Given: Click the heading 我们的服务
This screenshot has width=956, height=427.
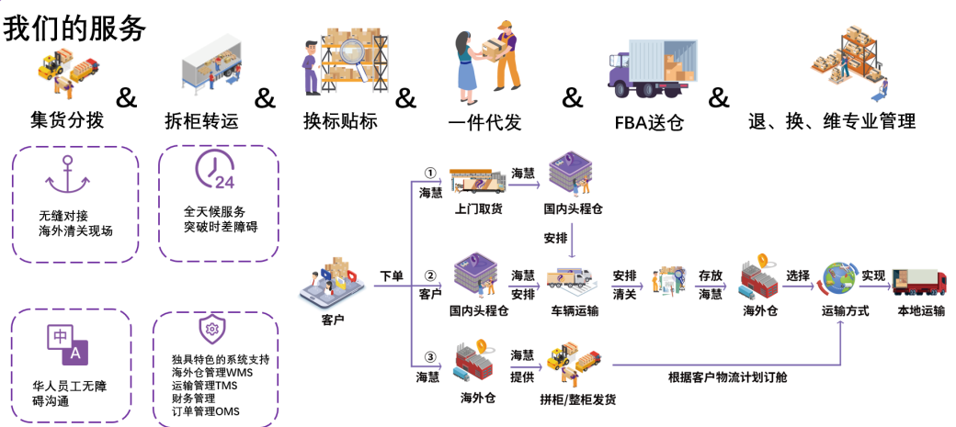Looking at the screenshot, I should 74,28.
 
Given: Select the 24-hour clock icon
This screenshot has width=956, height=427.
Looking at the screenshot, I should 214,171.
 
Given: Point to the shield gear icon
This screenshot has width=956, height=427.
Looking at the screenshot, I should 211,328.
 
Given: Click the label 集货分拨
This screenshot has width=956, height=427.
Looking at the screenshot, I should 67,120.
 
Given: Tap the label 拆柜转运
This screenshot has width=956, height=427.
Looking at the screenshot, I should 201,120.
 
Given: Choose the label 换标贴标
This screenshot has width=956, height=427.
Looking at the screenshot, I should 340,120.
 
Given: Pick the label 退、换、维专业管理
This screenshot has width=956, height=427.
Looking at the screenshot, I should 831,120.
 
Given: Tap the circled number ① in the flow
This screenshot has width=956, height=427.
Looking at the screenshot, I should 428,173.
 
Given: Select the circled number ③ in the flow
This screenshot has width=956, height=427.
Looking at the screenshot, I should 428,356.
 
